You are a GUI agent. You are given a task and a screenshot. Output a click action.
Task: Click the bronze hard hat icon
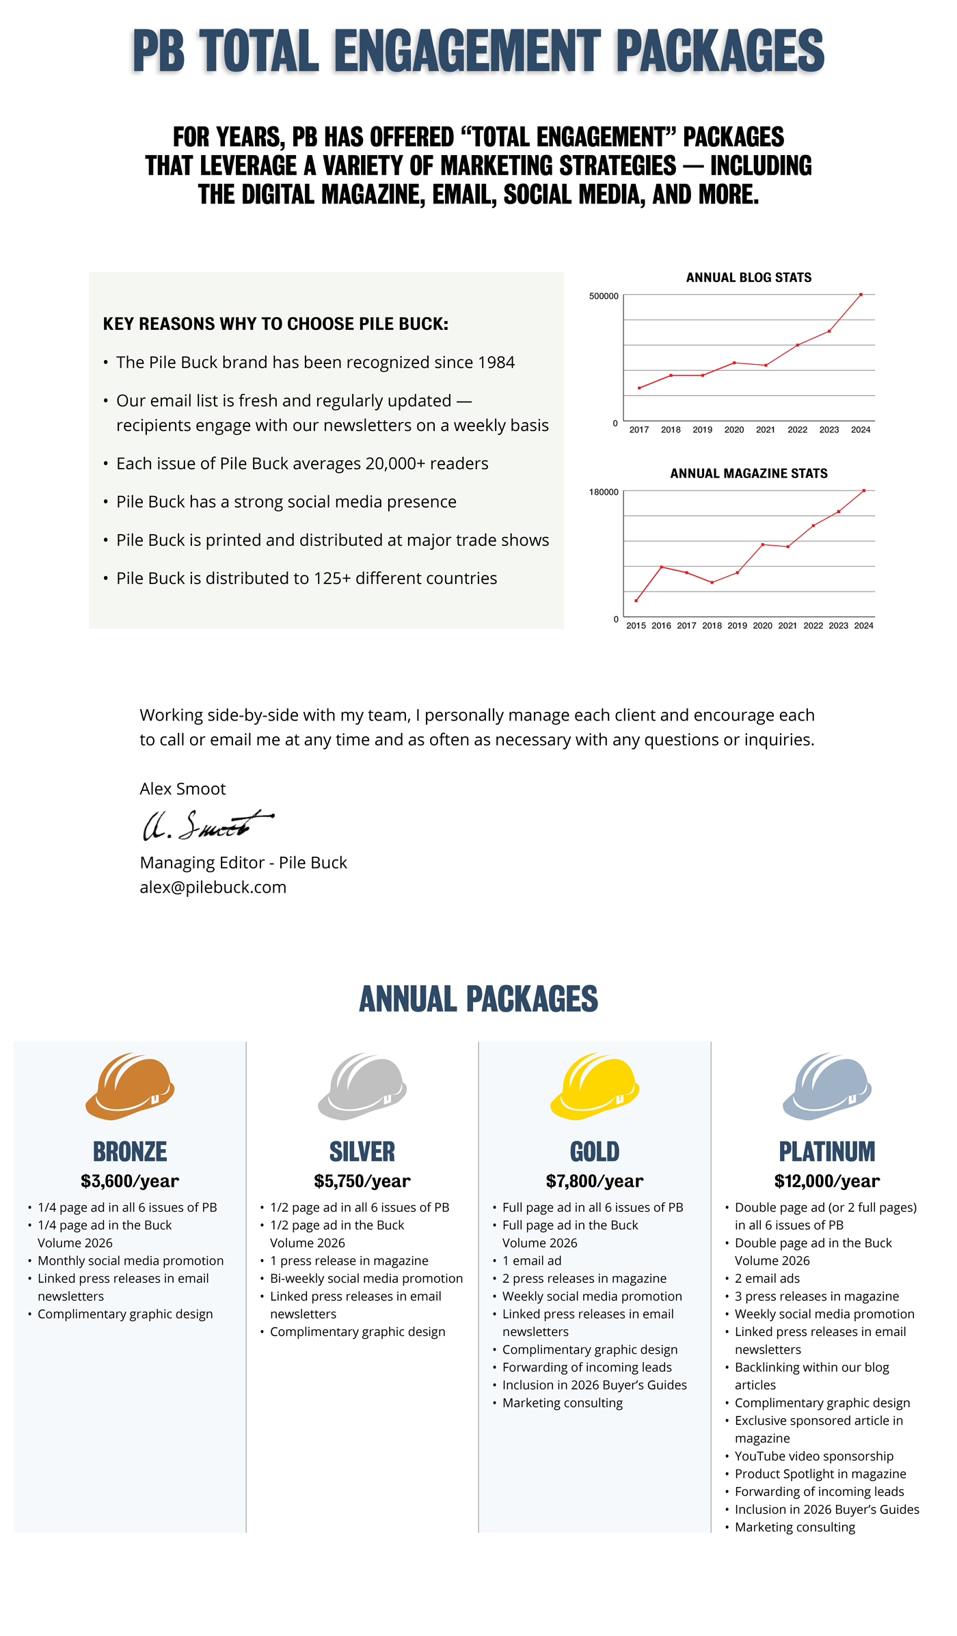pos(130,1085)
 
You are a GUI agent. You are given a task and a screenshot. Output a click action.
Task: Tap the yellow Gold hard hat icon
pos(595,1085)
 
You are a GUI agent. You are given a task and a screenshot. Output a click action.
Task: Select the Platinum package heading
pos(827,1152)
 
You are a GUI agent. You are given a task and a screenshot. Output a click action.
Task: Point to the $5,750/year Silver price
pos(362,1181)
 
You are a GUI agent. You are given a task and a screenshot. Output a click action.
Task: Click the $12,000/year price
pos(827,1181)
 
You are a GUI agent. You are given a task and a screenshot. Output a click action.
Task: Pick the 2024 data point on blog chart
pos(861,294)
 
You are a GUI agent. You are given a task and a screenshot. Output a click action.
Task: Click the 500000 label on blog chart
pos(604,296)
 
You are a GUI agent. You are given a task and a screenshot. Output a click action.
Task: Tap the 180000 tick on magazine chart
pos(604,493)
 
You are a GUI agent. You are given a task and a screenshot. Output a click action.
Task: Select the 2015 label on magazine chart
pos(636,626)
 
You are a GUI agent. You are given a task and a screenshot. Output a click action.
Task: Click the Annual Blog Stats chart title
pos(749,277)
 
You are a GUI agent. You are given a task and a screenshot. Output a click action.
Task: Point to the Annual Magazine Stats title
pos(749,473)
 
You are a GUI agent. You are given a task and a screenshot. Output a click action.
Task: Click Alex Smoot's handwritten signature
pos(205,825)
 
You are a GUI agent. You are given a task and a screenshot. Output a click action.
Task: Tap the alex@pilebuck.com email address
pos(213,887)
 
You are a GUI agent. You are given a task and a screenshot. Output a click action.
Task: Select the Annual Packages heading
pos(478,999)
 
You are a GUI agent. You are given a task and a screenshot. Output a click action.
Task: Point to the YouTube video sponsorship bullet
pos(814,1456)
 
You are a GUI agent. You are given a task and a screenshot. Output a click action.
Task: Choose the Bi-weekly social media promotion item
pos(366,1279)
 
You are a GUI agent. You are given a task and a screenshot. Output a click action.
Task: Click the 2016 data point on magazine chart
pos(661,567)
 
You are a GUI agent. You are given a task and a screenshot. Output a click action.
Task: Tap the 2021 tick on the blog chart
pos(766,430)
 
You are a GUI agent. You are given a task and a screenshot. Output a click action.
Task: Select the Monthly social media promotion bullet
pos(131,1261)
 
